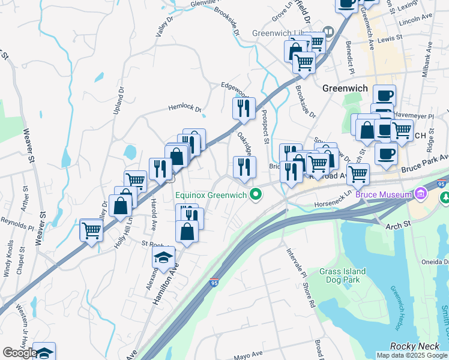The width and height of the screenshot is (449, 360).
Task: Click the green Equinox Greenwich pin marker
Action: (x=257, y=194)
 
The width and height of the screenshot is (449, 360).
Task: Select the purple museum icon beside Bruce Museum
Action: (x=420, y=194)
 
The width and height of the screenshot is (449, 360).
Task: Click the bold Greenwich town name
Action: (x=345, y=88)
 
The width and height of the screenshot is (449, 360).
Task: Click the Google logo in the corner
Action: (x=20, y=353)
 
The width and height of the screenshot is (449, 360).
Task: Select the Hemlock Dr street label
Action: (x=184, y=107)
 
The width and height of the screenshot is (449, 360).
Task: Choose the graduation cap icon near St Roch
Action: (x=163, y=257)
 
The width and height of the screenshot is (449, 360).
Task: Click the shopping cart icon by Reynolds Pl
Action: (x=91, y=230)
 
